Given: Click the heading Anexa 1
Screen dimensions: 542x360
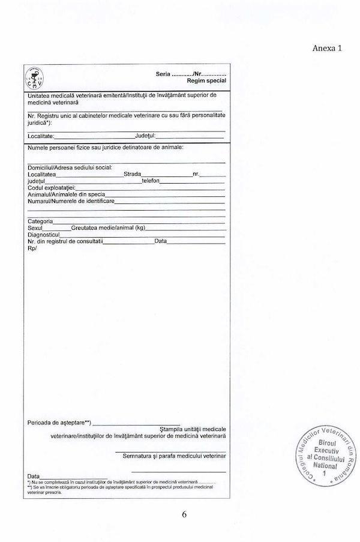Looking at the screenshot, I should (x=328, y=48).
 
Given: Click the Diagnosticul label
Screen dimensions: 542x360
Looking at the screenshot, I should (x=44, y=235).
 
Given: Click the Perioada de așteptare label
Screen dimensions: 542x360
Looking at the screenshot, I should (x=59, y=423).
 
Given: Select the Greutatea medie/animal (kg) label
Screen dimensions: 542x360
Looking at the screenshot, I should (x=109, y=228).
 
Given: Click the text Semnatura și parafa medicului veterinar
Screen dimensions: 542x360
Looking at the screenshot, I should (x=174, y=456).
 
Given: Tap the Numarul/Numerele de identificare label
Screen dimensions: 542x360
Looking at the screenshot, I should (x=70, y=201).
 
